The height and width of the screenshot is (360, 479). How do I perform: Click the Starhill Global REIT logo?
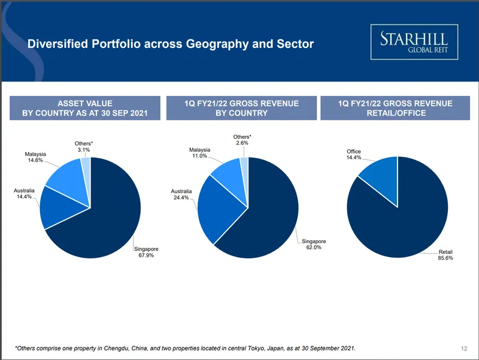[414, 42]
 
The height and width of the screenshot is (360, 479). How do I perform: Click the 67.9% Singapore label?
[146, 252]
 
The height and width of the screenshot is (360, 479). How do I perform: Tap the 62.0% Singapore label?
[314, 244]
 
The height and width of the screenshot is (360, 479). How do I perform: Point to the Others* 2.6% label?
[242, 140]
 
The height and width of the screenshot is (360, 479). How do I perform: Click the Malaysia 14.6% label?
[35, 158]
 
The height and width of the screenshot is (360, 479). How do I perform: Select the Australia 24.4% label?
[181, 195]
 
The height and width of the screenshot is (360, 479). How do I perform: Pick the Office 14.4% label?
[354, 155]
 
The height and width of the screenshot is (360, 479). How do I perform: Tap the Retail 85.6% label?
[445, 256]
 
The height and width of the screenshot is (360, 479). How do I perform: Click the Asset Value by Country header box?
[84, 108]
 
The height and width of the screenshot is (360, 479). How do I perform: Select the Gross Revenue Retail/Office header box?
[395, 108]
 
